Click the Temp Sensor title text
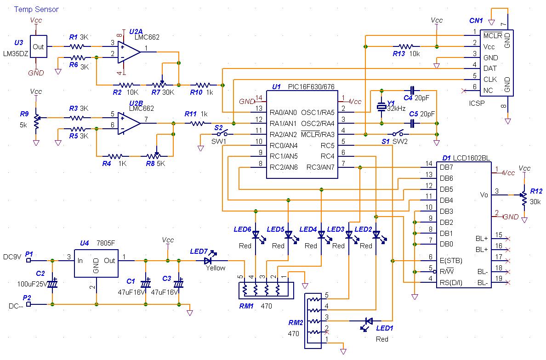click(36, 9)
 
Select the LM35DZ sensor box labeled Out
click(38, 46)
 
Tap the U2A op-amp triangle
click(129, 52)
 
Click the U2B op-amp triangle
click(129, 123)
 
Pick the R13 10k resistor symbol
click(406, 46)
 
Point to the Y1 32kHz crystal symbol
click(381, 107)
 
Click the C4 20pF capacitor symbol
click(412, 91)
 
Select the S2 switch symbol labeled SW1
click(222, 133)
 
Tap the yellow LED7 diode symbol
click(208, 260)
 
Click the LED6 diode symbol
click(256, 235)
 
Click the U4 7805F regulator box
click(96, 263)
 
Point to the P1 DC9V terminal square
click(28, 260)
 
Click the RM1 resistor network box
click(266, 291)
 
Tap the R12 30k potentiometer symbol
click(523, 198)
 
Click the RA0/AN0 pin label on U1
click(283, 113)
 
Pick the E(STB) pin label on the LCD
click(450, 261)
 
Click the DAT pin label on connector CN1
click(490, 69)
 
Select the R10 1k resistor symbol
click(203, 85)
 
